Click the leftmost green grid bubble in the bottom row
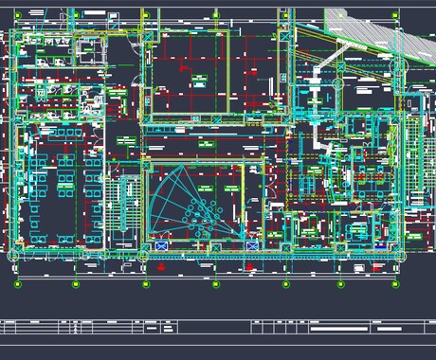click(x=17, y=283)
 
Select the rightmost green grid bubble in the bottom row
click(x=395, y=283)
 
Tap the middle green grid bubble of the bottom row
click(x=216, y=283)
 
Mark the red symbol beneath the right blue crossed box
click(x=250, y=266)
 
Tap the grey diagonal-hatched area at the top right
click(x=365, y=28)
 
